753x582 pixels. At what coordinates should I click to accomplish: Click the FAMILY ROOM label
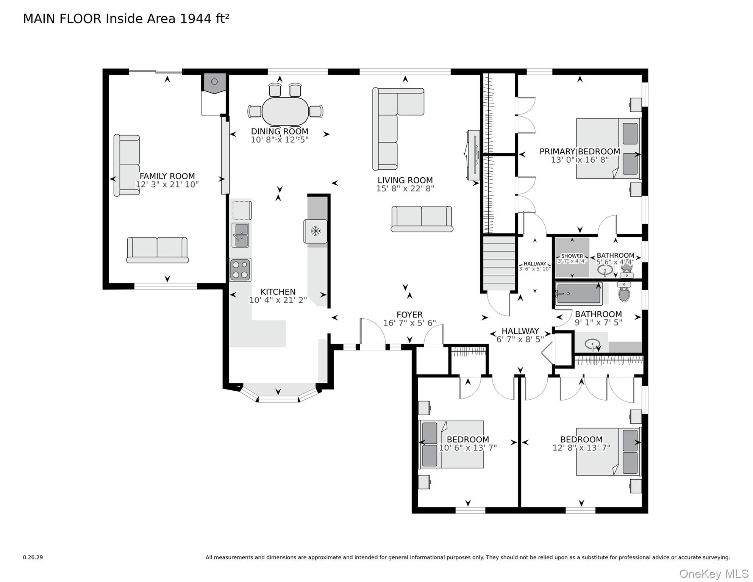[x=167, y=176]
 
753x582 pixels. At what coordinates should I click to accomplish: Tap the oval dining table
[x=285, y=111]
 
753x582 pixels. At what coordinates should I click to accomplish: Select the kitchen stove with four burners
[x=240, y=270]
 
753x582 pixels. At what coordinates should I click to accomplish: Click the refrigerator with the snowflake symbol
[x=316, y=231]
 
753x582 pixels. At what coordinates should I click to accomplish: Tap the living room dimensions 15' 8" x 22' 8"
[x=405, y=188]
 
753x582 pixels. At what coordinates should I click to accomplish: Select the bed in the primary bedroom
[x=608, y=149]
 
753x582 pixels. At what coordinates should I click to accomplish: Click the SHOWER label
[x=572, y=256]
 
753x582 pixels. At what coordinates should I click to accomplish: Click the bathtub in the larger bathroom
[x=578, y=294]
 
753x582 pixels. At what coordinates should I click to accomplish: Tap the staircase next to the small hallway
[x=499, y=263]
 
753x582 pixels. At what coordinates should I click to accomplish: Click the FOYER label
[x=409, y=314]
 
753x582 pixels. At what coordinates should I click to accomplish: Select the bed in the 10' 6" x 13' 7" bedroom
[x=451, y=444]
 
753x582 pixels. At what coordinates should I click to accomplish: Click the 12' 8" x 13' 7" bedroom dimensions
[x=581, y=448]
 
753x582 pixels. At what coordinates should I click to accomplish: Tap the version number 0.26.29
[x=33, y=557]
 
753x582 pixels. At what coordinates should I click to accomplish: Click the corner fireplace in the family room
[x=214, y=83]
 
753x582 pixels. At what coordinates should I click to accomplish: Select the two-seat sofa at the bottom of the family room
[x=157, y=250]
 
